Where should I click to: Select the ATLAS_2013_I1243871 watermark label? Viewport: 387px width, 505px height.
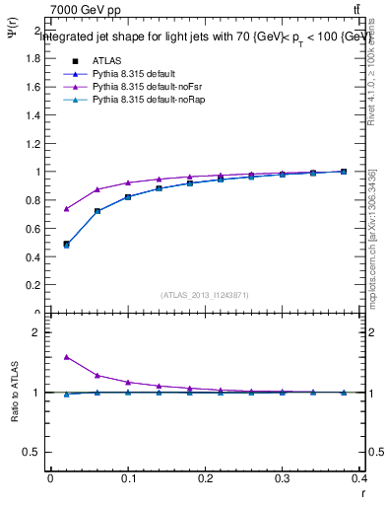205,295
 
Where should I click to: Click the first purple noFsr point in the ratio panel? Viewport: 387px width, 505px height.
66,357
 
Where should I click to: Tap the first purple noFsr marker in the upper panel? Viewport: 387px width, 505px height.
66,208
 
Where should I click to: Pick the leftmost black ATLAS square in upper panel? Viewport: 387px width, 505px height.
66,244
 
